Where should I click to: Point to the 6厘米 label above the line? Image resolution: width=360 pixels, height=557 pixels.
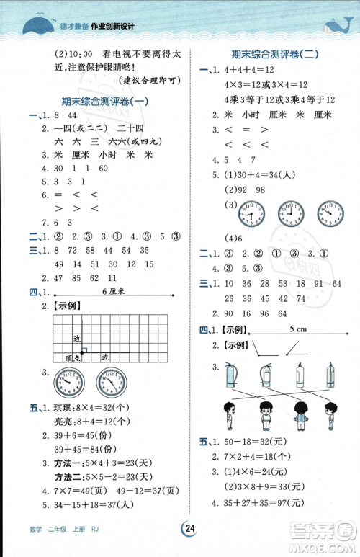coord(113,290)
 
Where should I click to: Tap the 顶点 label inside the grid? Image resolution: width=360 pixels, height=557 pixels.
coord(72,357)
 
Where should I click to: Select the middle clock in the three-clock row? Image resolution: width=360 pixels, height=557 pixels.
coord(289,214)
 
